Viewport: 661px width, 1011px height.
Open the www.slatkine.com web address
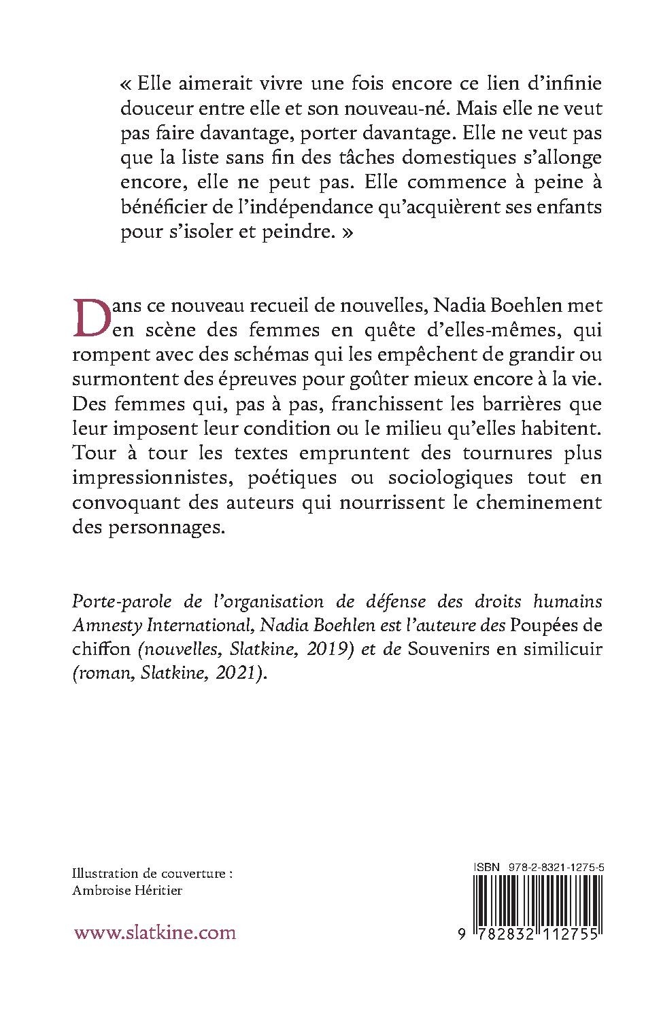pos(155,932)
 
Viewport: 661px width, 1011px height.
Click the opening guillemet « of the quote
pos(125,84)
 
